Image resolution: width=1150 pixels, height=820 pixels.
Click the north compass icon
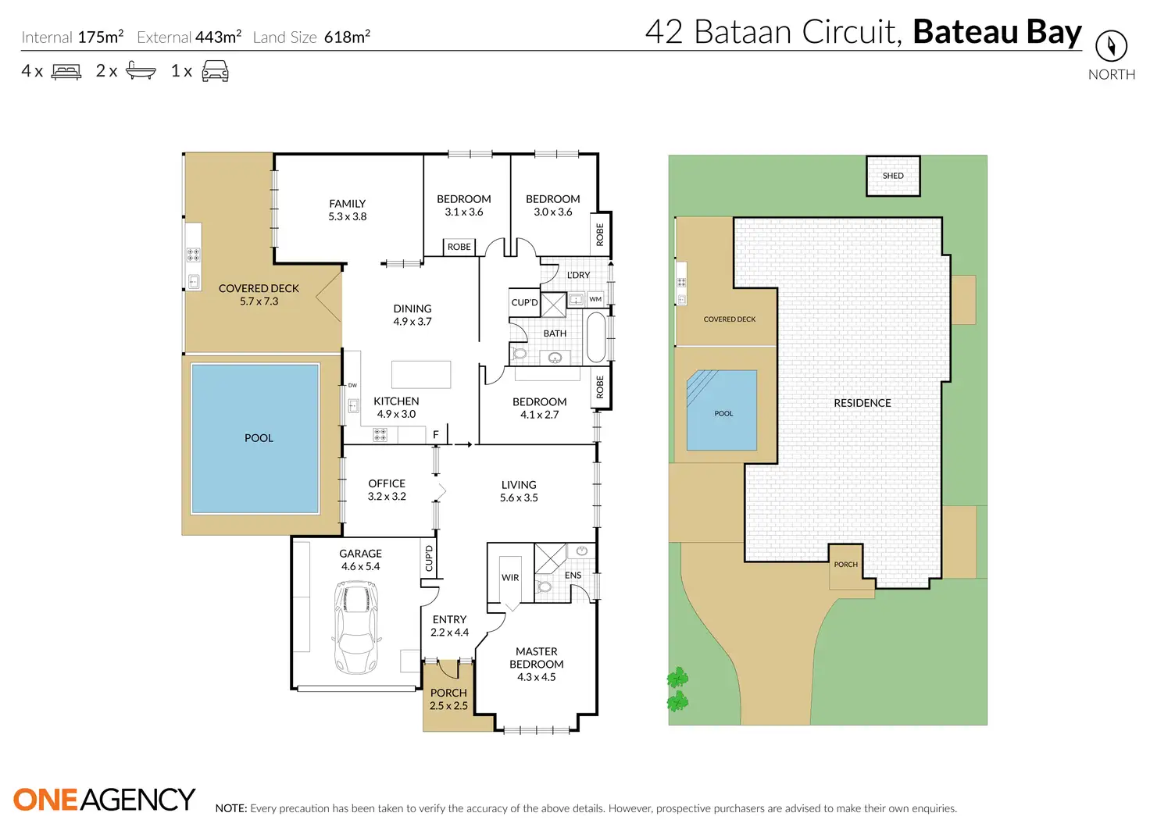[1111, 46]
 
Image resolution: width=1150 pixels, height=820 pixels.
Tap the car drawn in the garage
[357, 628]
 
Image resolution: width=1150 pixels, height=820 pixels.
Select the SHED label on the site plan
[893, 176]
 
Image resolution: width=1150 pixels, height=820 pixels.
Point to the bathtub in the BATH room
[596, 337]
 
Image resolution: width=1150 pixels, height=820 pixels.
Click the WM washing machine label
[595, 299]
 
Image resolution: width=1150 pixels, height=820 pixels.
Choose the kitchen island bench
[421, 374]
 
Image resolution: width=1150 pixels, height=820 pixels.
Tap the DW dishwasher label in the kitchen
[352, 385]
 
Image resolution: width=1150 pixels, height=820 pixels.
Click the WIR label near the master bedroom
[510, 578]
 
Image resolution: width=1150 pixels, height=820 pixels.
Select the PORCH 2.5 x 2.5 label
[448, 699]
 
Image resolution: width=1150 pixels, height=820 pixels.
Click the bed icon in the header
[66, 72]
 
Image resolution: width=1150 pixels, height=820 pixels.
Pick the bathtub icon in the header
[141, 71]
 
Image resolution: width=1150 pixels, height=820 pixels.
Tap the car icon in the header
[215, 72]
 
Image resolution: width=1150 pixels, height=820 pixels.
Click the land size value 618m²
[347, 37]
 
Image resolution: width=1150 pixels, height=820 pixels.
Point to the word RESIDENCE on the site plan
[862, 403]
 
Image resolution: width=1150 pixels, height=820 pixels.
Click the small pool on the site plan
[722, 410]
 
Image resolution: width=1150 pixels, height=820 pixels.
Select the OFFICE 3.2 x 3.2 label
[387, 490]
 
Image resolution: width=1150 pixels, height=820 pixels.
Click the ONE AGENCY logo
[104, 799]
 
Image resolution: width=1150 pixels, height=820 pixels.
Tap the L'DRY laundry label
[578, 275]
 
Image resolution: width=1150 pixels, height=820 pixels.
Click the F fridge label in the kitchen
[436, 435]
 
